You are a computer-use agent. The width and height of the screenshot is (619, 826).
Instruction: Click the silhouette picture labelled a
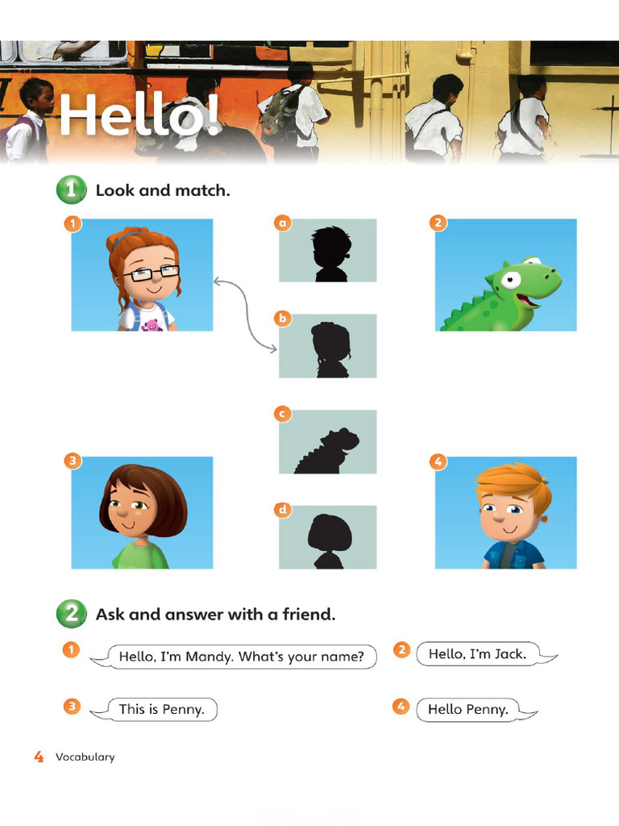click(327, 251)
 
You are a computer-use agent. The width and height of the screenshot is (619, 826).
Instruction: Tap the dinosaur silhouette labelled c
click(327, 442)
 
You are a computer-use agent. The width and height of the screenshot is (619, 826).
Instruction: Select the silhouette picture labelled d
click(327, 537)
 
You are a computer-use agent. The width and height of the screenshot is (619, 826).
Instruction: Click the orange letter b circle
click(282, 319)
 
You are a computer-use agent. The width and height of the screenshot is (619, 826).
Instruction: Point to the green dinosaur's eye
click(510, 280)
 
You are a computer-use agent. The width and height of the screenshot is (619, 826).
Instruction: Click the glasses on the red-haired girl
click(151, 273)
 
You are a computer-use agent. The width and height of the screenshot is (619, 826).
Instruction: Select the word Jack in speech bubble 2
click(509, 653)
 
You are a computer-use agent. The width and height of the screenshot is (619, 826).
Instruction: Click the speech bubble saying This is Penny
click(161, 710)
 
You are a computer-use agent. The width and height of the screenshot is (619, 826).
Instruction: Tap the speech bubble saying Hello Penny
click(468, 710)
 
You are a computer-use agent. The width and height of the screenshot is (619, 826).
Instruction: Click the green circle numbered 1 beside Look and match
click(71, 190)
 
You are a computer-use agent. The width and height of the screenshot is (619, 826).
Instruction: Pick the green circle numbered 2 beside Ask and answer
click(71, 615)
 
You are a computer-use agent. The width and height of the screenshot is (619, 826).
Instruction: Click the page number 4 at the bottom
click(39, 757)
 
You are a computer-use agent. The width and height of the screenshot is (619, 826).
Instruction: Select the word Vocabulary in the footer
click(85, 757)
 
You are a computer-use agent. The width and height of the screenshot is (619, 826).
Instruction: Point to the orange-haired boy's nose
click(500, 517)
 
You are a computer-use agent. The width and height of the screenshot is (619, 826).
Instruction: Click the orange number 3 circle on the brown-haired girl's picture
click(72, 462)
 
